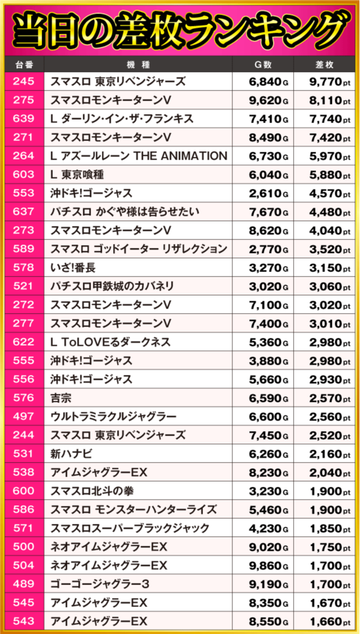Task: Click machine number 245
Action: click(23, 82)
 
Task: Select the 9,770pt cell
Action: click(326, 82)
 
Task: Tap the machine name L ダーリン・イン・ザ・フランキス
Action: click(122, 119)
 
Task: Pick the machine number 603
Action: click(23, 175)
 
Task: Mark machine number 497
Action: click(23, 416)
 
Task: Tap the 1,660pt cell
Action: click(326, 621)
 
